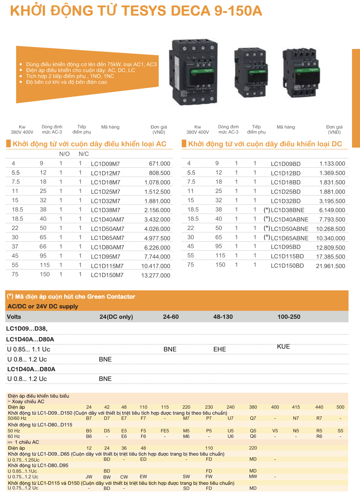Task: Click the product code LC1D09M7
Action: (x=105, y=164)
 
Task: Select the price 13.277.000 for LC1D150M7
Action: (x=156, y=275)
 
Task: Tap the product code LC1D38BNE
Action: (x=287, y=210)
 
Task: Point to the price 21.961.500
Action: (x=330, y=266)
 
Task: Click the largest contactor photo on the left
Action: (x=193, y=72)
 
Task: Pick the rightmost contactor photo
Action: (x=301, y=73)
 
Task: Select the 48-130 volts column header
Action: (x=223, y=317)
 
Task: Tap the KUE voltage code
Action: (x=283, y=347)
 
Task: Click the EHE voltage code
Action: (x=220, y=349)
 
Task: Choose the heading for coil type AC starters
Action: (x=89, y=144)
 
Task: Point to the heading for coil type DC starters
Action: (x=265, y=144)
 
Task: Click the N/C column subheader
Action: (x=83, y=154)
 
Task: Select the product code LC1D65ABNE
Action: (x=289, y=238)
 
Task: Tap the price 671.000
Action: (x=159, y=164)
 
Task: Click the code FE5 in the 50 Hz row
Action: (x=165, y=431)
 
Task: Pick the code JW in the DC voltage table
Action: (x=89, y=477)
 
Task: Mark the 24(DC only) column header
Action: (x=116, y=317)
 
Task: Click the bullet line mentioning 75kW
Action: (x=91, y=64)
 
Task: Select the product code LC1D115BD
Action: (x=287, y=256)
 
